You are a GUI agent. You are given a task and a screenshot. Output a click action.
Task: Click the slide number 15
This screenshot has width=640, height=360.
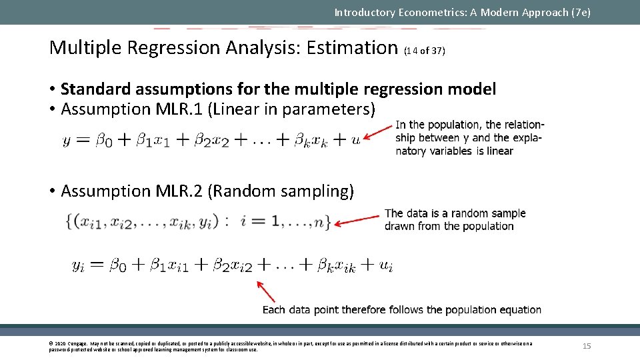pos(587,346)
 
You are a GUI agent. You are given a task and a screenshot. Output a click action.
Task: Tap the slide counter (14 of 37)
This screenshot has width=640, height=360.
pos(425,51)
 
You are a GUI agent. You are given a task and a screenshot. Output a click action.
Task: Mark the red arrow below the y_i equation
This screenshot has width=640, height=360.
pos(266,291)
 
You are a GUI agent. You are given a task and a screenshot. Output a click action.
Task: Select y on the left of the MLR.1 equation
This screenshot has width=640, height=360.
pos(67,141)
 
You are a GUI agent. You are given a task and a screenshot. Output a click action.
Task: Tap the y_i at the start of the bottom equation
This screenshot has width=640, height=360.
pos(79,266)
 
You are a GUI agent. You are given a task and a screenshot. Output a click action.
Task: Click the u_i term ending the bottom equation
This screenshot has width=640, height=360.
pos(386,266)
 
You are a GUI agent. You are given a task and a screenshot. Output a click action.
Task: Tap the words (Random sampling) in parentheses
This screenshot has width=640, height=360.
pos(281,191)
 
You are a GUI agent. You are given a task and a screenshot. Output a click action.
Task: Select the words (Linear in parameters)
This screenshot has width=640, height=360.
pos(291,109)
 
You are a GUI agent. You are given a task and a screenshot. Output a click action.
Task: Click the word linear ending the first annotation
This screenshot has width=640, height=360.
pos(499,151)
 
